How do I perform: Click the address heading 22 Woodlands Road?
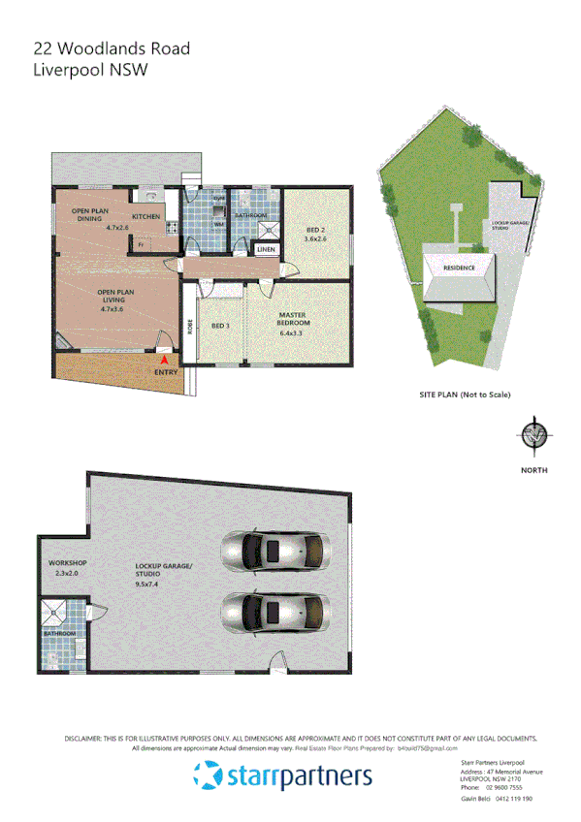click(112, 48)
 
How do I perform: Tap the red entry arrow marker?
click(163, 360)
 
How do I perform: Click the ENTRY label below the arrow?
click(165, 371)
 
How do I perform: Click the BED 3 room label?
click(220, 326)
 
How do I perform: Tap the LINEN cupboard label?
click(266, 249)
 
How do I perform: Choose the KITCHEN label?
click(146, 216)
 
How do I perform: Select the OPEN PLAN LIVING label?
click(114, 295)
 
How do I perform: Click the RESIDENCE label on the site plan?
click(460, 268)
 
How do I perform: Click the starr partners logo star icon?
click(207, 775)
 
